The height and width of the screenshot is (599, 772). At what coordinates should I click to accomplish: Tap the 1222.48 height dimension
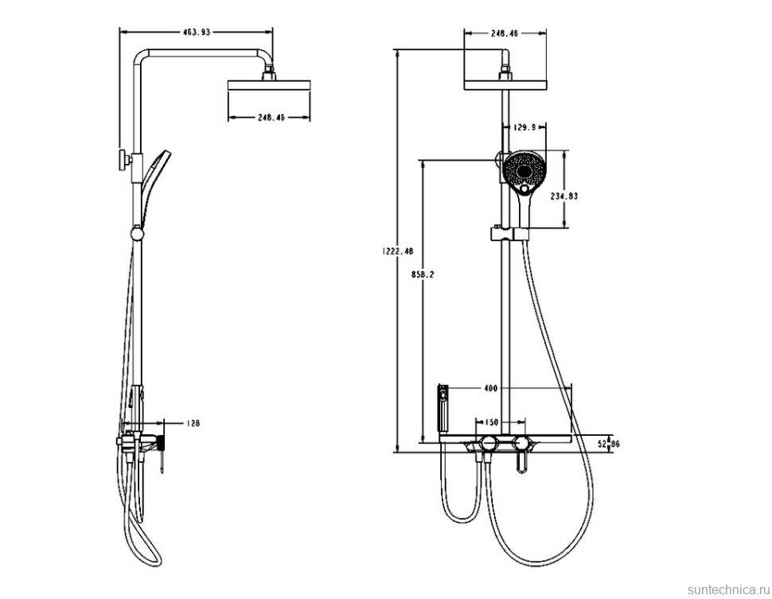click(x=398, y=251)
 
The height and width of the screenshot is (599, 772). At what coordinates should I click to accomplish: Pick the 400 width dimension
click(x=490, y=388)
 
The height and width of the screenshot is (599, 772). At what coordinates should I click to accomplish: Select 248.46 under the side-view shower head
click(x=271, y=117)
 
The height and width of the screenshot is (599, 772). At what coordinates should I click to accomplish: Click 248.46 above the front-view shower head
click(x=505, y=33)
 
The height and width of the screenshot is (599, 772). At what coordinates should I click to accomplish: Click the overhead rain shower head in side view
click(x=269, y=84)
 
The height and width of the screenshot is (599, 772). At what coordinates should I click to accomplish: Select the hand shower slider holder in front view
click(x=508, y=234)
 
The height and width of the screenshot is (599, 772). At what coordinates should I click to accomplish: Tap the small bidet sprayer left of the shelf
click(x=443, y=403)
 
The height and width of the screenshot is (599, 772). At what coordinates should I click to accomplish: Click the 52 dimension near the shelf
click(x=602, y=443)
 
